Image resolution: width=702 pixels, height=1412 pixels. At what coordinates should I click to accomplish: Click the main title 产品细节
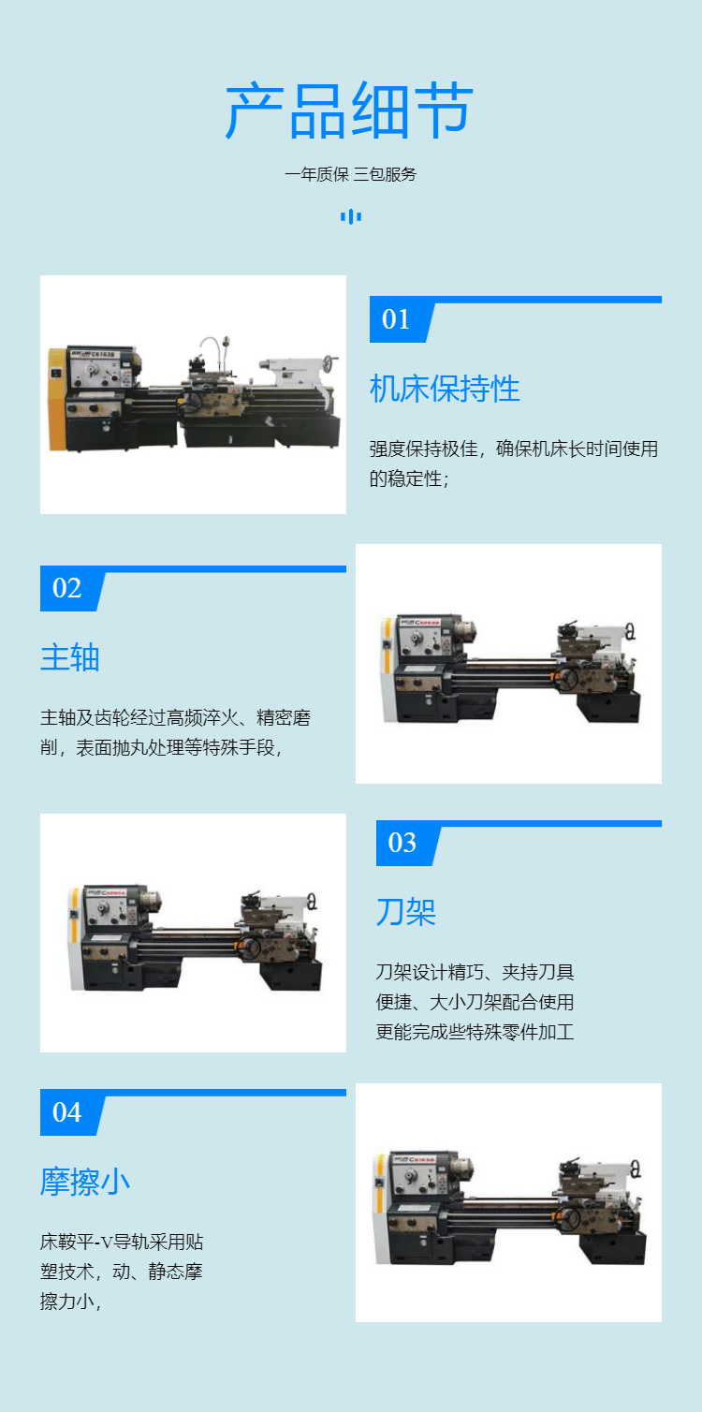coord(350,110)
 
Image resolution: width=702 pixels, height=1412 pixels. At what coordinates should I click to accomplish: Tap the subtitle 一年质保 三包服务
coord(350,174)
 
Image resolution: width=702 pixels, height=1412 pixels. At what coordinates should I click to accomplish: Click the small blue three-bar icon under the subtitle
coord(351,217)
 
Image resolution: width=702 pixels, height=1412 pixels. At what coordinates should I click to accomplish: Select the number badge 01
coord(395,319)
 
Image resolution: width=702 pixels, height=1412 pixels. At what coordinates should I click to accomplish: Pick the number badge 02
coord(66,588)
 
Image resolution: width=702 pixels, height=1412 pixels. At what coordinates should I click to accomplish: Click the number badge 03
coord(402,843)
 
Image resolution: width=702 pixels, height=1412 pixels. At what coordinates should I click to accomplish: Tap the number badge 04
coord(66,1112)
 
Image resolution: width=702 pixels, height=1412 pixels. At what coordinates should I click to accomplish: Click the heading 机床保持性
coord(445,389)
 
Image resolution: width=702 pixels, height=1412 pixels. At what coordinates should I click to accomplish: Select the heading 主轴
coord(70,657)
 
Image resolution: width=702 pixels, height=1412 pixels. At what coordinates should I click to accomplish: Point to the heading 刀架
coord(406,912)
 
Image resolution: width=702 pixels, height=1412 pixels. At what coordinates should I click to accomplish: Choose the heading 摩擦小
coord(85,1182)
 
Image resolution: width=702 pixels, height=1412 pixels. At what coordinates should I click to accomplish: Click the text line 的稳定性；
coord(409,479)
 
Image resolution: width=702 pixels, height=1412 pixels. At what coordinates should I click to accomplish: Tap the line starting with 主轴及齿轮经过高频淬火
coord(175,718)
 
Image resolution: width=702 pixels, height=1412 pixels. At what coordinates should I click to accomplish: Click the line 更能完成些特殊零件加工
coord(475,1032)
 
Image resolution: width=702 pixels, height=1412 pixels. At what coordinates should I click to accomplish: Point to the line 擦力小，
coord(70,1302)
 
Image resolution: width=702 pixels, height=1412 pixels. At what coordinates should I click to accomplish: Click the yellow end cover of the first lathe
coord(57,399)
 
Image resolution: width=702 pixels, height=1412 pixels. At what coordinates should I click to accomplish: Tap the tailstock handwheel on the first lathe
coord(329,363)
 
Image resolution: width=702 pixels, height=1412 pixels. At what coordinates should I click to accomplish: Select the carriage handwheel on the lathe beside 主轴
coord(568,679)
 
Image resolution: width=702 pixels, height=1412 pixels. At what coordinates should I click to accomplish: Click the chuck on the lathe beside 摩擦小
coord(465,1167)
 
